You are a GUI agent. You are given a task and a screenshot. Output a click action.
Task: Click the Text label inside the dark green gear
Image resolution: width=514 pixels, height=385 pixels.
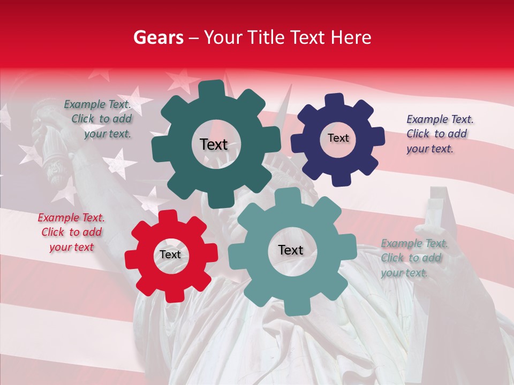click(214, 144)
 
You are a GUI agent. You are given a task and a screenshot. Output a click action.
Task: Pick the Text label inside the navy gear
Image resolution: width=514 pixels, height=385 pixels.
click(338, 138)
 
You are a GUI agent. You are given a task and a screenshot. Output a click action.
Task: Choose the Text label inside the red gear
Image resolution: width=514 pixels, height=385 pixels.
click(170, 255)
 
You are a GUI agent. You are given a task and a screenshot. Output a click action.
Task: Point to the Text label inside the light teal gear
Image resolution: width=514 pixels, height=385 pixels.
click(291, 250)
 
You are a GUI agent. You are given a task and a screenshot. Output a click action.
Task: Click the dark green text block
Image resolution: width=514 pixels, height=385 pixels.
click(100, 119)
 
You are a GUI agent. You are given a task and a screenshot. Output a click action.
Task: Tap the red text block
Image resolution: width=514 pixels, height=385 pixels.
click(71, 232)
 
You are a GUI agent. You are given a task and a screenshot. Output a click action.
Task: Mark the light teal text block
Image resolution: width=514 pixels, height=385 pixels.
click(413, 258)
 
